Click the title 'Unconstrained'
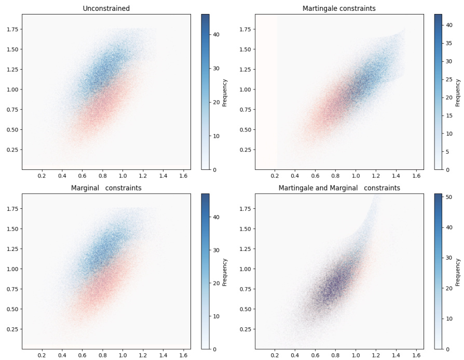point(106,8)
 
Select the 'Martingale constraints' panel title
point(339,8)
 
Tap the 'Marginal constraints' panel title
point(106,188)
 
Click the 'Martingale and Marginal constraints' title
point(339,188)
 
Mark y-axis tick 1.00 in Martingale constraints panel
point(244,89)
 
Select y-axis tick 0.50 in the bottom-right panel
point(244,309)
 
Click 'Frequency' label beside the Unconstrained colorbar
point(224,92)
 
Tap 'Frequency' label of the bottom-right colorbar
point(457,272)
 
